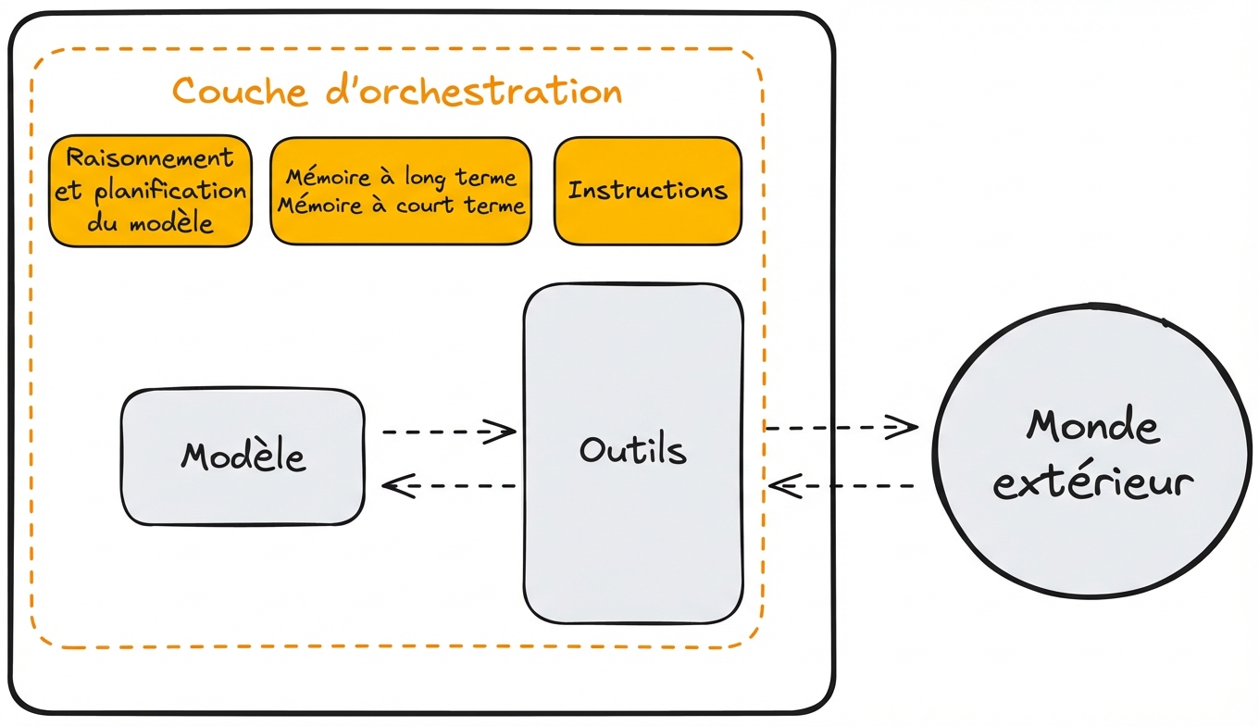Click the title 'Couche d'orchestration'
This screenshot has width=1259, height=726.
coord(397,92)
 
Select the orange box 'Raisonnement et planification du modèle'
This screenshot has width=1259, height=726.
coord(150,192)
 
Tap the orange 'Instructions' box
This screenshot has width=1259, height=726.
coord(647,191)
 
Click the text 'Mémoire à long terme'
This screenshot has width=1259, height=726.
coord(401,177)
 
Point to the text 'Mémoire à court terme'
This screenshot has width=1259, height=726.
coord(401,206)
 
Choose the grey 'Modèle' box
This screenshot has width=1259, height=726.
coord(243,457)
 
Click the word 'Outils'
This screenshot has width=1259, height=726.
coord(633,450)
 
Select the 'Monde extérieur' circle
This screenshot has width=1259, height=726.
coord(1092,454)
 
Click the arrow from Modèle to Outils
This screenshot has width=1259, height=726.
coord(448,431)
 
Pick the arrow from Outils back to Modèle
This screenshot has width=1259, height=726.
coord(448,484)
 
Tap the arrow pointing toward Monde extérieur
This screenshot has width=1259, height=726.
coord(841,427)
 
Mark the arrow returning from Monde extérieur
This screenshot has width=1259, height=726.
coord(841,485)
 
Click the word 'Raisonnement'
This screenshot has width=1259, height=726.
coord(150,157)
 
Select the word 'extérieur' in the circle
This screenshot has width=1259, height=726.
coord(1092,482)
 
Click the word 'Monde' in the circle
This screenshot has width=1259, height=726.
coord(1092,426)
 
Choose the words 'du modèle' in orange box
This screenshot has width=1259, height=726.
coord(150,223)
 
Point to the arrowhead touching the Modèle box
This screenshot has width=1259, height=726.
coord(395,484)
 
